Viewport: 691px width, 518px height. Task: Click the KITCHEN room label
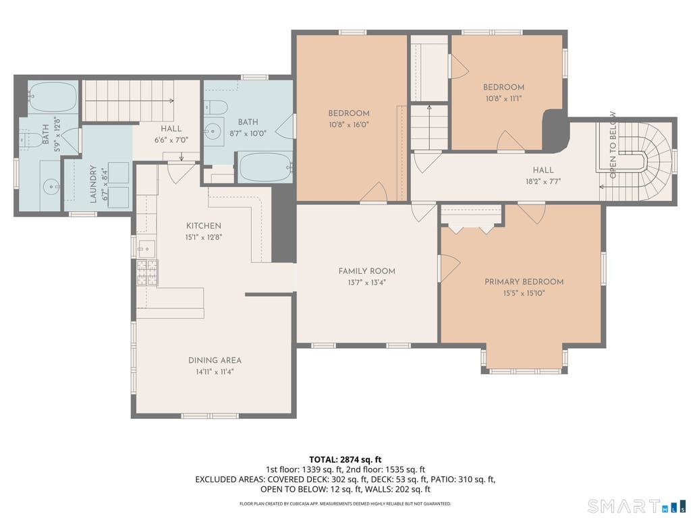[204, 225]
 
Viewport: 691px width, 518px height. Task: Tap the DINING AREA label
[215, 360]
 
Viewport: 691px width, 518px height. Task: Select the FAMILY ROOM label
[366, 271]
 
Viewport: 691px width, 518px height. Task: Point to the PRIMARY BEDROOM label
[524, 281]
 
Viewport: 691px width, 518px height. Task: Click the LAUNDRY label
[93, 184]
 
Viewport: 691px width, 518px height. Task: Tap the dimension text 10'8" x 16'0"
[349, 125]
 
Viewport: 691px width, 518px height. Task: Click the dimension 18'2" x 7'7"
[543, 181]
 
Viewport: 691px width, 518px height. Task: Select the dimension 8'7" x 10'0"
[248, 134]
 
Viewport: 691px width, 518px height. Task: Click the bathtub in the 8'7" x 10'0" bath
[265, 167]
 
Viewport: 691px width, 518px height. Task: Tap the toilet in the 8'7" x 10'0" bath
[216, 107]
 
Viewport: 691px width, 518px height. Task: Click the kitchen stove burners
[147, 272]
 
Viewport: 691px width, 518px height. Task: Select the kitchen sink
[146, 249]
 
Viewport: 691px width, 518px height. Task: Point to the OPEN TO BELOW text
[613, 145]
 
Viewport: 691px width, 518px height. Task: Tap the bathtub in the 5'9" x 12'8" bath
[53, 96]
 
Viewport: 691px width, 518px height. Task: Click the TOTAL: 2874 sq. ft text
[345, 460]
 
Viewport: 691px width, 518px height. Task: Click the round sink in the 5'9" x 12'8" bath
[51, 187]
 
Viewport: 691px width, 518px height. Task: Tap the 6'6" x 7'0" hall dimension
[171, 140]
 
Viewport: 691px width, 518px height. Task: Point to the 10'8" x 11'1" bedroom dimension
[503, 98]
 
